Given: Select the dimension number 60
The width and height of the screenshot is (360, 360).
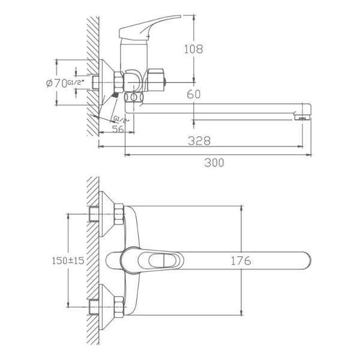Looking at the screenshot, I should pyautogui.click(x=193, y=94).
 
